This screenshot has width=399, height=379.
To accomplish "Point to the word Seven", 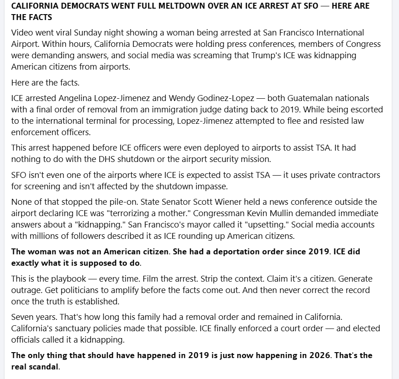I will pos(22,317).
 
